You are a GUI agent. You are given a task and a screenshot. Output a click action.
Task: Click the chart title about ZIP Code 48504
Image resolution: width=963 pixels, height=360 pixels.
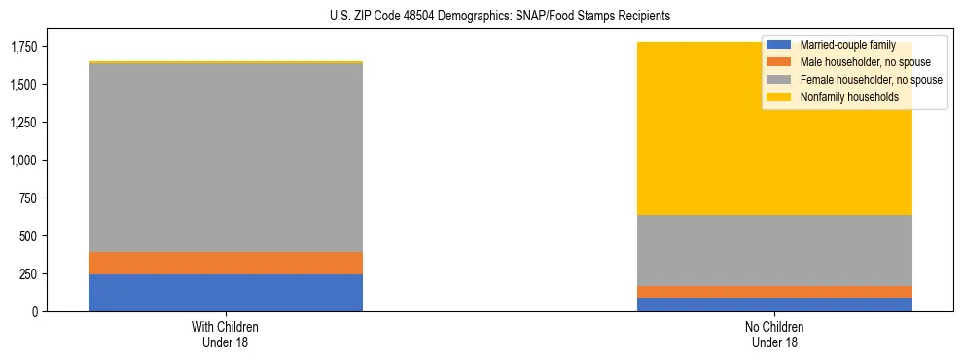tap(482, 17)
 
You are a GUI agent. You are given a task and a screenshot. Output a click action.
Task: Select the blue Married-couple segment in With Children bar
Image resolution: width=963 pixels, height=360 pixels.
tap(226, 293)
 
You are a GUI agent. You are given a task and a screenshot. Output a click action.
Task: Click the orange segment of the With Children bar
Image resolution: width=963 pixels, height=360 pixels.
tap(226, 263)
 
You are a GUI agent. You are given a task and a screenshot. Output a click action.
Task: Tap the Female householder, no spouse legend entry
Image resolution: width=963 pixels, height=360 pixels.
tap(856, 80)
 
